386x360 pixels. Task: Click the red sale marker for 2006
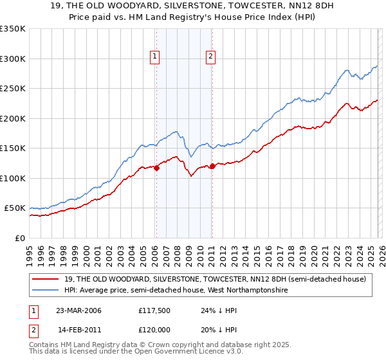click(x=156, y=168)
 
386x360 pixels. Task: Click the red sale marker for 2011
click(x=212, y=167)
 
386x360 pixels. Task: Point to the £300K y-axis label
click(x=13, y=59)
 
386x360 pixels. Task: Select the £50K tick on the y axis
click(x=15, y=208)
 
